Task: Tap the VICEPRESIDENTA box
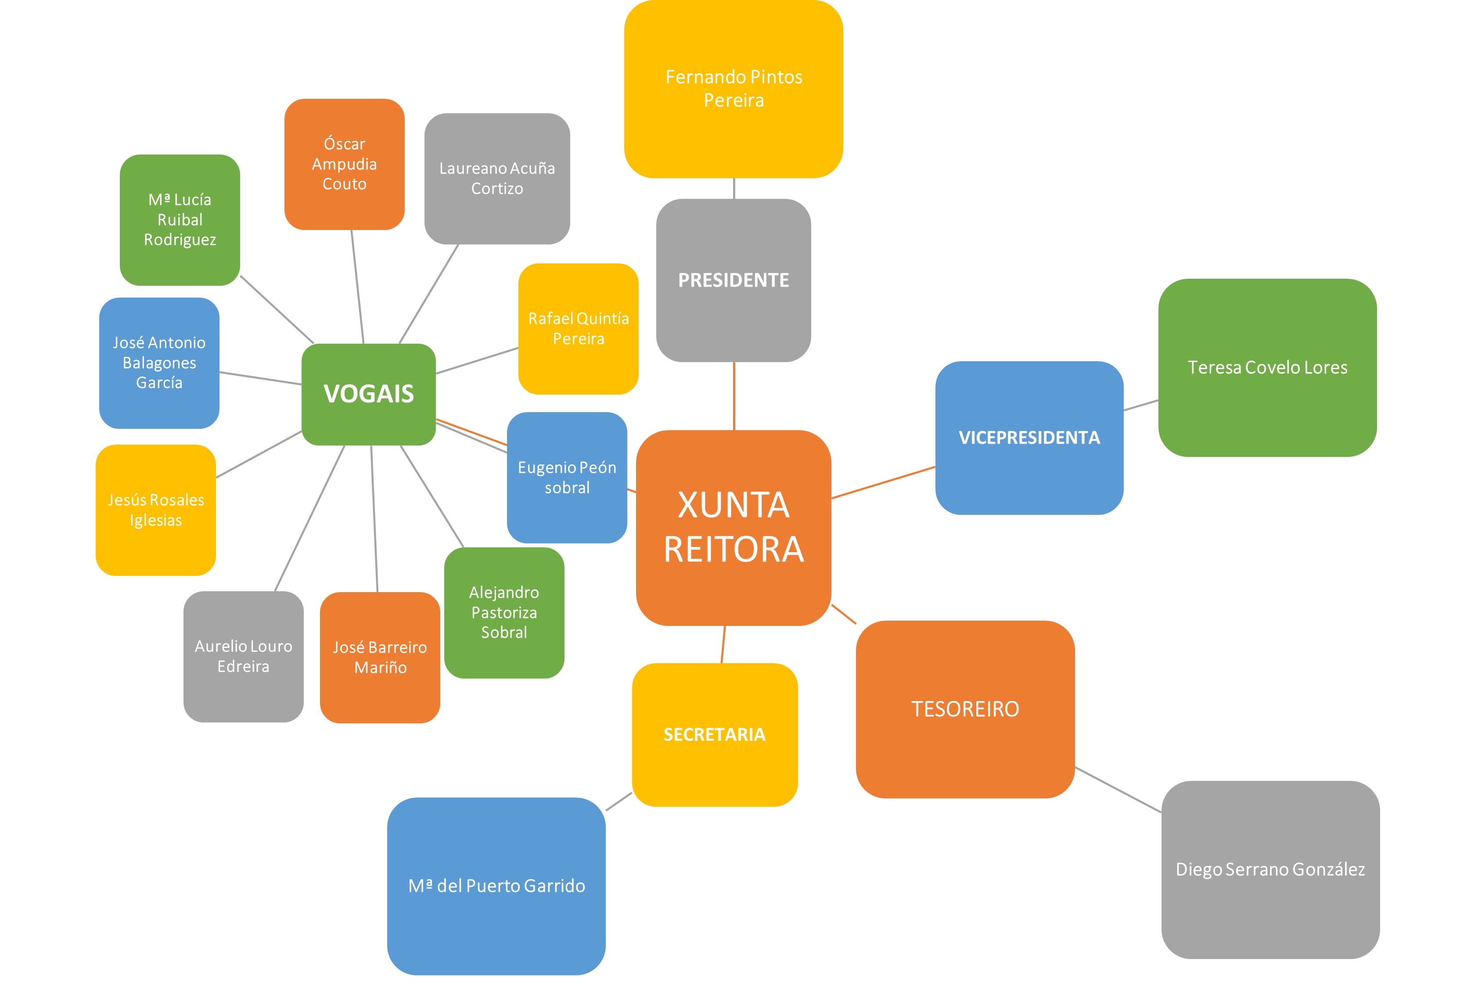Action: [x=1029, y=438]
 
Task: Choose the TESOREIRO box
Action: [x=965, y=709]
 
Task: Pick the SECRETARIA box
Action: [x=714, y=734]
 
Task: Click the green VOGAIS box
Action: [x=368, y=394]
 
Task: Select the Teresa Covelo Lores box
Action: [x=1267, y=367]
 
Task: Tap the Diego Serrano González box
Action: [x=1270, y=869]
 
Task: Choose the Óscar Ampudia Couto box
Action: [x=344, y=164]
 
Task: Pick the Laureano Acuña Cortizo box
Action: [x=497, y=178]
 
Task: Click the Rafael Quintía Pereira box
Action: [x=578, y=328]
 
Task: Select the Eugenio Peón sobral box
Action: [x=567, y=478]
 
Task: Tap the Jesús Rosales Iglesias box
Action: [x=156, y=510]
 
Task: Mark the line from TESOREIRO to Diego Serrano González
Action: [x=1118, y=790]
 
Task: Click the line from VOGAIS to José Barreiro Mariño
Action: [x=374, y=518]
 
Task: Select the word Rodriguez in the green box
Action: [x=180, y=240]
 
